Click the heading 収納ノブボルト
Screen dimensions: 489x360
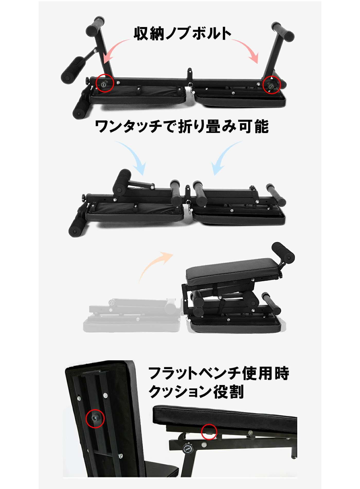pyautogui.click(x=182, y=33)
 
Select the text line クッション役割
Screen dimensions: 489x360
pyautogui.click(x=196, y=392)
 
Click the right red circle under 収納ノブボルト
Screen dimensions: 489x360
pyautogui.click(x=272, y=85)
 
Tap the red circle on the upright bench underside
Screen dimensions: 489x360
pyautogui.click(x=95, y=418)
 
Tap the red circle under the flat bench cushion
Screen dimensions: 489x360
pyautogui.click(x=209, y=432)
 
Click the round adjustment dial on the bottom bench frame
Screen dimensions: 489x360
pyautogui.click(x=187, y=449)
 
